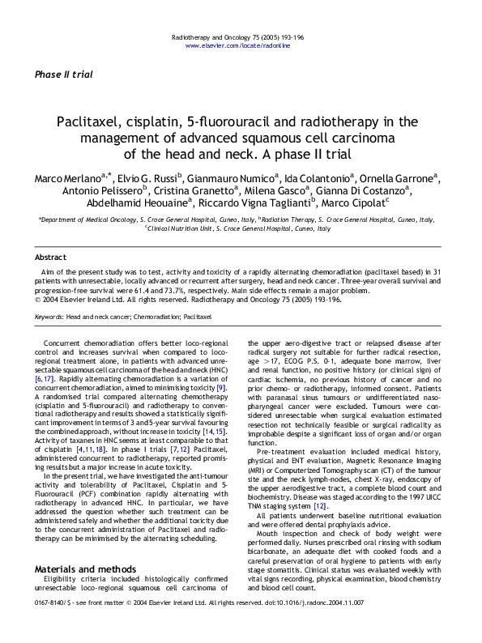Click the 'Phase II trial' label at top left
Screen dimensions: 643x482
point(63,75)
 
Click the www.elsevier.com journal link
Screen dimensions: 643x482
point(240,46)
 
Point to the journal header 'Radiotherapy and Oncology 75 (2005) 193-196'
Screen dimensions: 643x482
point(240,38)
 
